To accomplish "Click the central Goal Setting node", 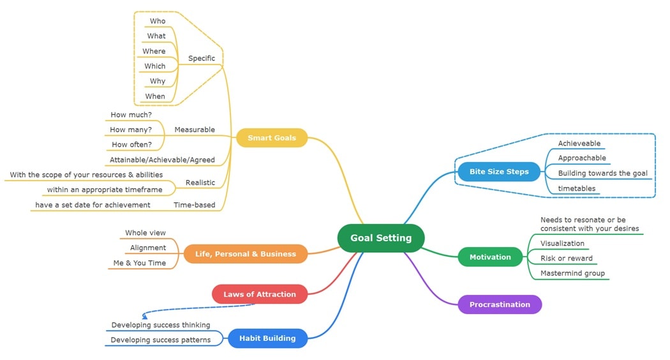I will point(381,238).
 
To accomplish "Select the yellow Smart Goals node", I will point(272,138).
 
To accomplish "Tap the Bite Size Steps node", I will point(499,172).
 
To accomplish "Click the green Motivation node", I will point(490,257).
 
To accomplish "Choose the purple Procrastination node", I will point(500,304).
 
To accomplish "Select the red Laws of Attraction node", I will point(259,294).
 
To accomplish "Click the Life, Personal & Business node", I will point(245,254).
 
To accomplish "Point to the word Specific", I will point(202,58).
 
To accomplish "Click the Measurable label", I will point(195,130).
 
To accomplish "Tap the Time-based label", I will point(194,205).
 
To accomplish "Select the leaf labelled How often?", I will point(131,144).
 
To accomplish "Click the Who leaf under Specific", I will point(158,21).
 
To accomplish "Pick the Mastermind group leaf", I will point(572,273).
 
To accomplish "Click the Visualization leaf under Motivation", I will point(562,243).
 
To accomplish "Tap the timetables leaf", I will point(576,188).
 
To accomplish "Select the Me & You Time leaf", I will point(139,263).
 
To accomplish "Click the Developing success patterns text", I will point(160,340).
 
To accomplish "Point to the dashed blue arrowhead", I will point(145,315).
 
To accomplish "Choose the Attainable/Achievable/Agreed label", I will point(162,160).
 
